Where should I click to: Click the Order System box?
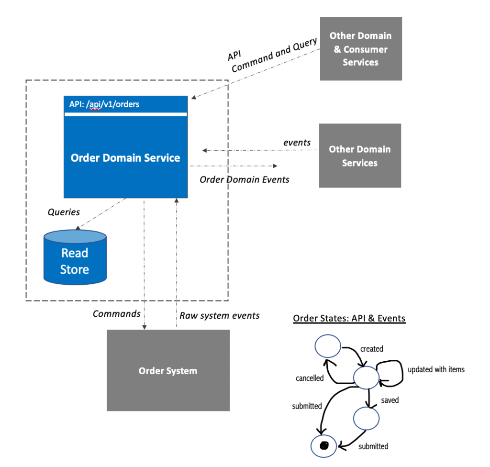click(x=168, y=370)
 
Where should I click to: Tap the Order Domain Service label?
click(x=125, y=158)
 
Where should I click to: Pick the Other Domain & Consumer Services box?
click(x=360, y=49)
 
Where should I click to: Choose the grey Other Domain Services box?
click(x=360, y=156)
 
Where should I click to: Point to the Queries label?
click(x=64, y=212)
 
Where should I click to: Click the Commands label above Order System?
click(x=116, y=314)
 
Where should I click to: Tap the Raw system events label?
click(x=220, y=315)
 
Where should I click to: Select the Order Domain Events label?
click(x=245, y=179)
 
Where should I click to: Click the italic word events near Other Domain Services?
click(x=297, y=142)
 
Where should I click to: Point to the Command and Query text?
click(x=274, y=55)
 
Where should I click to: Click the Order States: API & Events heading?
click(x=349, y=318)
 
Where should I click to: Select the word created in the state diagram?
click(x=372, y=349)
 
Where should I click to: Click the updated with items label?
click(x=436, y=369)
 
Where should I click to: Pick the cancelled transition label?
click(x=310, y=378)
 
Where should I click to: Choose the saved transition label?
click(x=390, y=400)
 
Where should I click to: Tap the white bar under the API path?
click(x=125, y=114)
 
